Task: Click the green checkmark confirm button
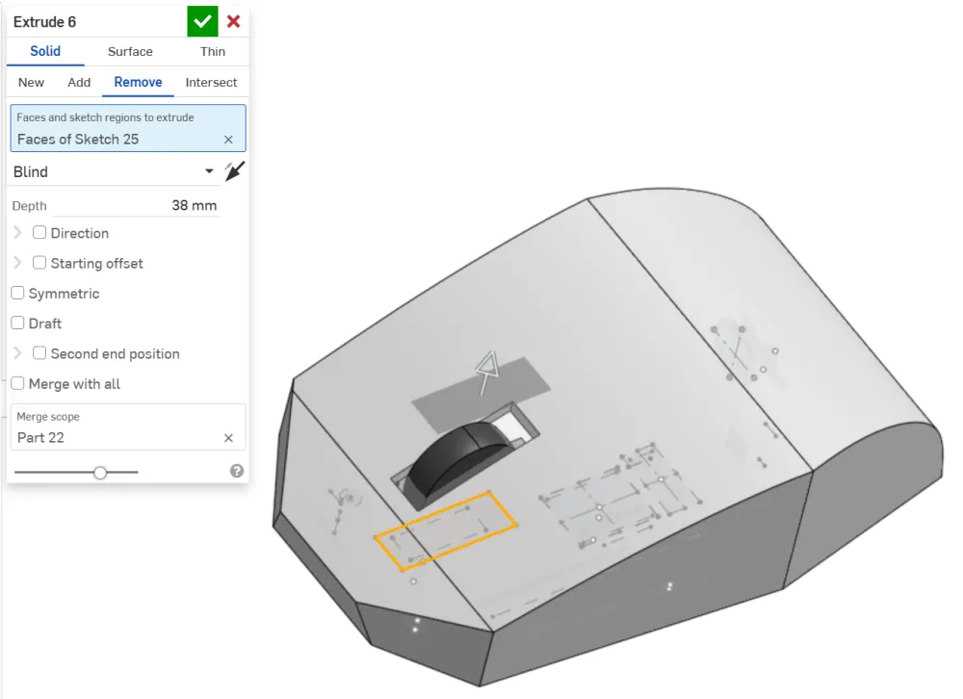[202, 22]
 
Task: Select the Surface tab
[130, 52]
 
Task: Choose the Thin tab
[213, 52]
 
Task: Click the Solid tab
[45, 51]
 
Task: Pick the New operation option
[32, 82]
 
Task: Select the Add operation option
[79, 82]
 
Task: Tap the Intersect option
[211, 82]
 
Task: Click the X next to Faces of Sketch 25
[228, 140]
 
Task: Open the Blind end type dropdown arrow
[209, 171]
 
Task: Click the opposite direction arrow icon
[235, 171]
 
